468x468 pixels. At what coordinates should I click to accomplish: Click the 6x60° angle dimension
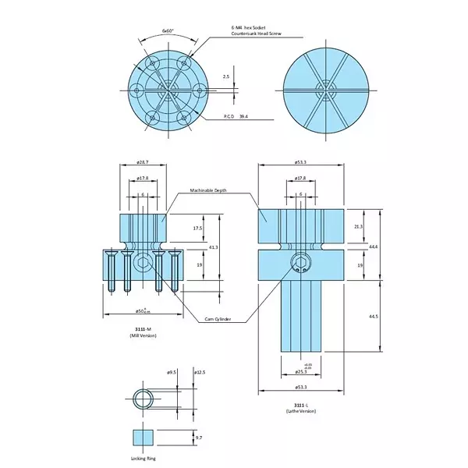(x=168, y=31)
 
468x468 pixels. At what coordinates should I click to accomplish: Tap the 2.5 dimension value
(x=226, y=76)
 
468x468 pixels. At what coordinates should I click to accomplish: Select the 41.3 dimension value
(x=213, y=246)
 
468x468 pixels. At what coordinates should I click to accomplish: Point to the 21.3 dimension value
(x=358, y=226)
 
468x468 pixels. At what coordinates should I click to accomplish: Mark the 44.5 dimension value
(x=374, y=316)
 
